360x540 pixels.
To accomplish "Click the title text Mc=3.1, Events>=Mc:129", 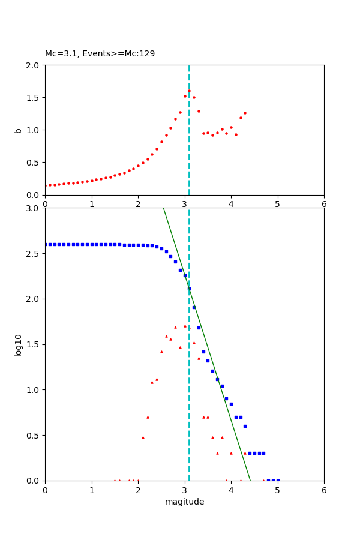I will tap(100, 54).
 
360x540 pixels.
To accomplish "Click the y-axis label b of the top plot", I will tap(19, 130).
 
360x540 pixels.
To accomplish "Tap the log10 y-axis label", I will tap(19, 344).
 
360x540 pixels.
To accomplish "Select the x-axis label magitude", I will tap(184, 502).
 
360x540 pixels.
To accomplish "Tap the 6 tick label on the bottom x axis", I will tap(324, 490).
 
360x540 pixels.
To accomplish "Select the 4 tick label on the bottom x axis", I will tap(231, 490).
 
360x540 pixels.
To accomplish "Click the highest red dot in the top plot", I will tap(189, 91).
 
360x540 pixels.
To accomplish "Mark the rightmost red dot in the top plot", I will tap(245, 113).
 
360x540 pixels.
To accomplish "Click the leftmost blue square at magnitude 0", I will tap(45, 244).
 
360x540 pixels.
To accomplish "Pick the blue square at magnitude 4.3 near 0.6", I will tap(245, 426).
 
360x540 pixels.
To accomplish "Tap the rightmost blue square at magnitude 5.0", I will tap(278, 480).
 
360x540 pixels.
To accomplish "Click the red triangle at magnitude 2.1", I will tap(143, 437).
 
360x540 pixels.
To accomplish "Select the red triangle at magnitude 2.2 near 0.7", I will tap(148, 417).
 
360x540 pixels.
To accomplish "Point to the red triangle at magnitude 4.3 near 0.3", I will tap(245, 453).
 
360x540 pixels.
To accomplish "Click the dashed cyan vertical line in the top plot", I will tap(189, 150).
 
